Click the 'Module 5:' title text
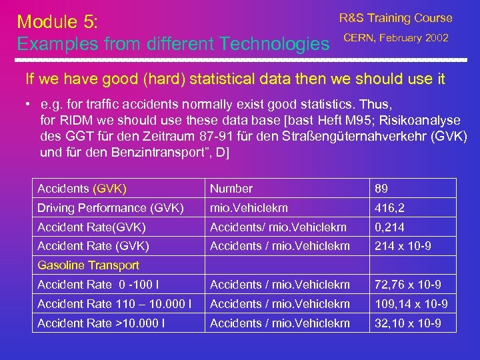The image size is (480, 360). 58,21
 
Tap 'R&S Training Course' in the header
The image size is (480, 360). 395,18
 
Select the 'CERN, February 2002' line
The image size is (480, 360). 395,37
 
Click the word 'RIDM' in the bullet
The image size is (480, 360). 75,120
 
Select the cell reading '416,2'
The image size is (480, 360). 390,208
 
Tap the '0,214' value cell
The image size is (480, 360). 390,227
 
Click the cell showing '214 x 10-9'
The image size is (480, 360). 403,246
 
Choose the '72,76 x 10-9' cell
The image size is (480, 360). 407,285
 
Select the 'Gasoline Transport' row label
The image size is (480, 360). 88,265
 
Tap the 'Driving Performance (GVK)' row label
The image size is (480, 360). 111,208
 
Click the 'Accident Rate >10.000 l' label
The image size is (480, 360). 101,323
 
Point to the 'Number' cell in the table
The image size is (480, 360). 231,189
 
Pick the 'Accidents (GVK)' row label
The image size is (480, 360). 82,189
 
